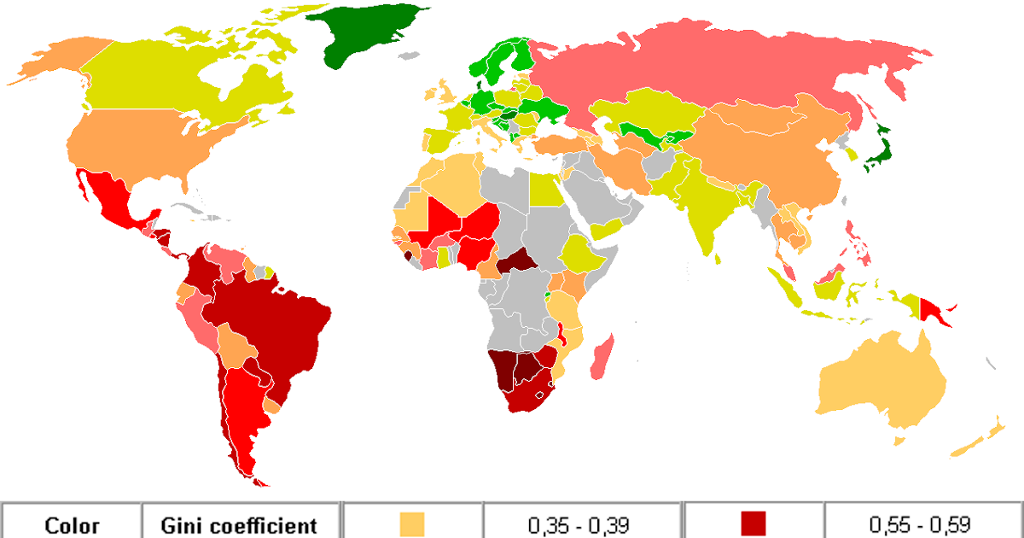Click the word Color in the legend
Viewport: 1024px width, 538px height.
(x=72, y=525)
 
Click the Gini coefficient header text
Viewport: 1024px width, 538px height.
(x=241, y=525)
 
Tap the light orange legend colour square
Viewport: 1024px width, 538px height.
(x=412, y=523)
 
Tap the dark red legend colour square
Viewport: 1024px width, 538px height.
(x=753, y=523)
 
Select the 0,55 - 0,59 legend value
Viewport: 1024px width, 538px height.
(x=920, y=525)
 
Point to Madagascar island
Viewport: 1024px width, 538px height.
(x=602, y=359)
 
